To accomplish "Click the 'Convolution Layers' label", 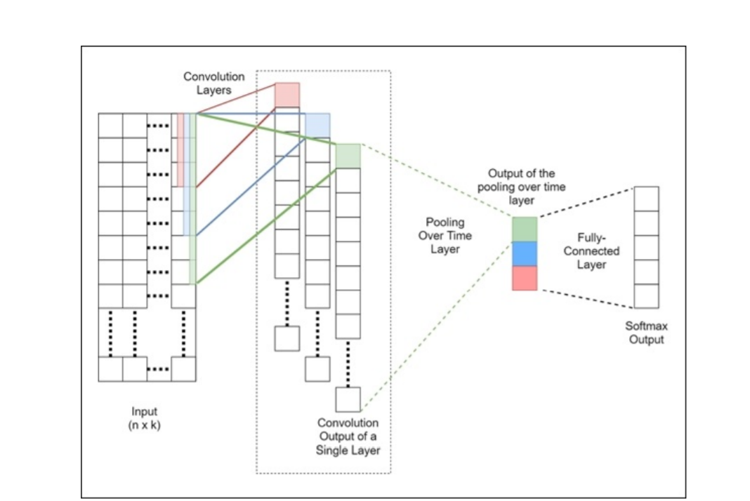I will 213,83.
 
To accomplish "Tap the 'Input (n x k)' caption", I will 145,418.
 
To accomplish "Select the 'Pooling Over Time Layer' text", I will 445,235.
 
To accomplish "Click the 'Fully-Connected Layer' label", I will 591,251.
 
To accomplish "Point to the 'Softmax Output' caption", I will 645,333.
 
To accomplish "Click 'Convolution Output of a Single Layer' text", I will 348,436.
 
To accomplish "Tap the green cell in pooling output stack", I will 524,229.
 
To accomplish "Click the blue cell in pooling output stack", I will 524,253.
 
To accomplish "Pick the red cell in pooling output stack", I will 524,278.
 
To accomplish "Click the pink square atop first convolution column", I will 287,95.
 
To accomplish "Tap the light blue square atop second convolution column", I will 317,124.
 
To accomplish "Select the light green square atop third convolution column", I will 348,156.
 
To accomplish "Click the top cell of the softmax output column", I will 646,199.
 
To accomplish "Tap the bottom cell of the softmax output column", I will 646,295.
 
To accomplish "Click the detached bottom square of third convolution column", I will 348,399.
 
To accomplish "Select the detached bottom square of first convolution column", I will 287,338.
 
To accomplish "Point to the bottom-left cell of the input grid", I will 110,369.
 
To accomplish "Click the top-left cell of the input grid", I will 110,126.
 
